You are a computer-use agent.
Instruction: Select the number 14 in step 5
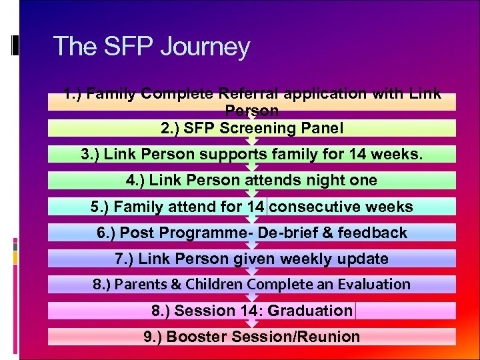coord(255,207)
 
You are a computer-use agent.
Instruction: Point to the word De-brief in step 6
coord(286,233)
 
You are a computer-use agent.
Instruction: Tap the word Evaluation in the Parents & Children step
coord(373,285)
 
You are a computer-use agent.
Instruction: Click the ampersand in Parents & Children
coord(175,285)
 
